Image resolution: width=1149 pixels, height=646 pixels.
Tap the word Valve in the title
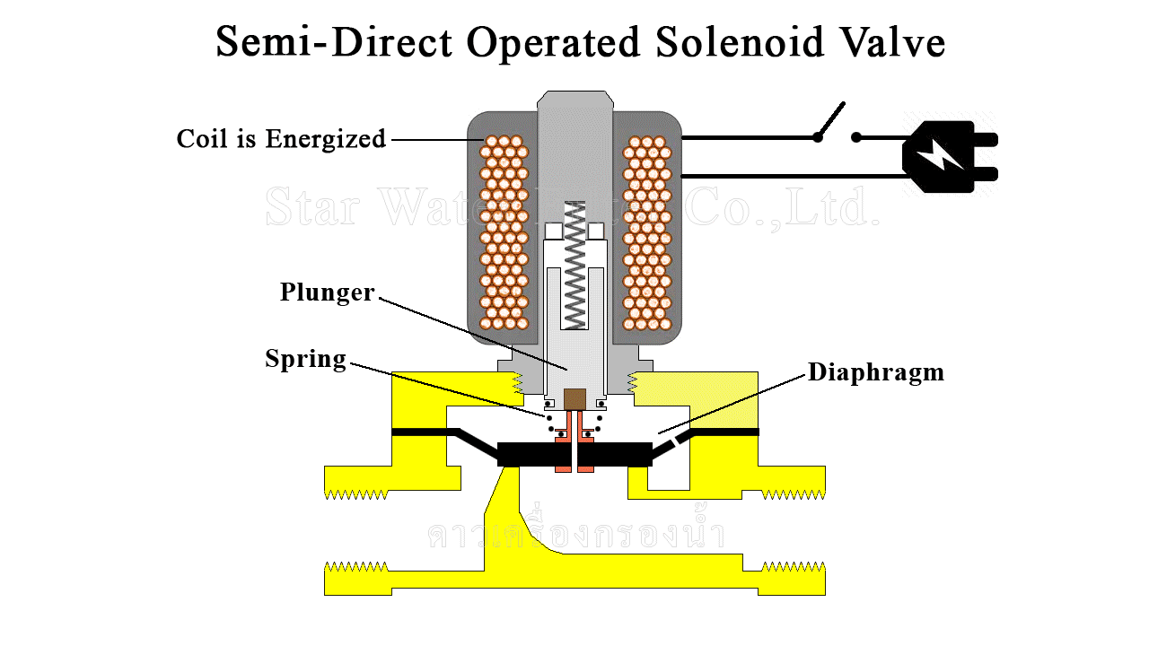[x=890, y=42]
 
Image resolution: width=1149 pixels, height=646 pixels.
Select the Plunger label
[x=327, y=292]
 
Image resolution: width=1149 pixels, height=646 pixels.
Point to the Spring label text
[x=305, y=359]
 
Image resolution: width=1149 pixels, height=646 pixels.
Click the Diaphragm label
[x=875, y=372]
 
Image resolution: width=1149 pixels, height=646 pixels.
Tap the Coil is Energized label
[x=281, y=139]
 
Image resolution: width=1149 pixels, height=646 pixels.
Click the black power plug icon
[x=948, y=156]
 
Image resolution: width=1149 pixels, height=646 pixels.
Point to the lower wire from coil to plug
[x=790, y=175]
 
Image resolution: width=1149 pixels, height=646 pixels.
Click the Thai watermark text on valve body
[x=574, y=535]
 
